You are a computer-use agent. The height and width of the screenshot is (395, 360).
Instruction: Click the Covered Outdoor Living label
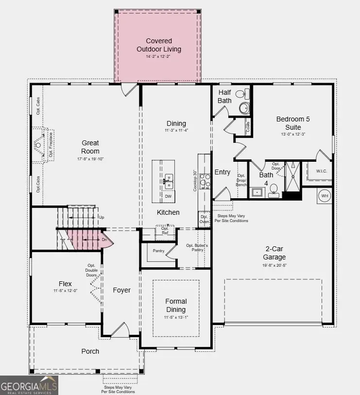(158, 45)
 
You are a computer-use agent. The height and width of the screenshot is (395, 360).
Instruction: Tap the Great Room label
(90, 147)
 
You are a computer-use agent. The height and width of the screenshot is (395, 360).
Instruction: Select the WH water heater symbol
(325, 196)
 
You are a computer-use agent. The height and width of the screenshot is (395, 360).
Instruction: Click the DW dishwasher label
(168, 196)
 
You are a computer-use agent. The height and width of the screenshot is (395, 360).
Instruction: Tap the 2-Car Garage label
(275, 253)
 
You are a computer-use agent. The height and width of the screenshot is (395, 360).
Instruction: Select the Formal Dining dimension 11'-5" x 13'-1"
(175, 318)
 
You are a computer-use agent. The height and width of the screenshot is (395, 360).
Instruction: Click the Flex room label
(65, 284)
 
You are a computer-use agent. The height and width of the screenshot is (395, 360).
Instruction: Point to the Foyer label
(121, 290)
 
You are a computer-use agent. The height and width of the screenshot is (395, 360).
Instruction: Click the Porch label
(90, 351)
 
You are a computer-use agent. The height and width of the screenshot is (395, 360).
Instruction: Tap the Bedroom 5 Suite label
(292, 123)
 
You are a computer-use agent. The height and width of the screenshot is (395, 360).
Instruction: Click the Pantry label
(158, 251)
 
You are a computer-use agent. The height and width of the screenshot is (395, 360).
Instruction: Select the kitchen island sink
(169, 181)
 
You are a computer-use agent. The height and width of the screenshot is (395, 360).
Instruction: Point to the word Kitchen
(168, 212)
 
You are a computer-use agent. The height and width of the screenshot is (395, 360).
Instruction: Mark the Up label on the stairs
(101, 217)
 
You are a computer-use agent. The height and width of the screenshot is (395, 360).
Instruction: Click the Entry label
(223, 172)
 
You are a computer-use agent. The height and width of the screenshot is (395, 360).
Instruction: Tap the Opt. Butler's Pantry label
(197, 248)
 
